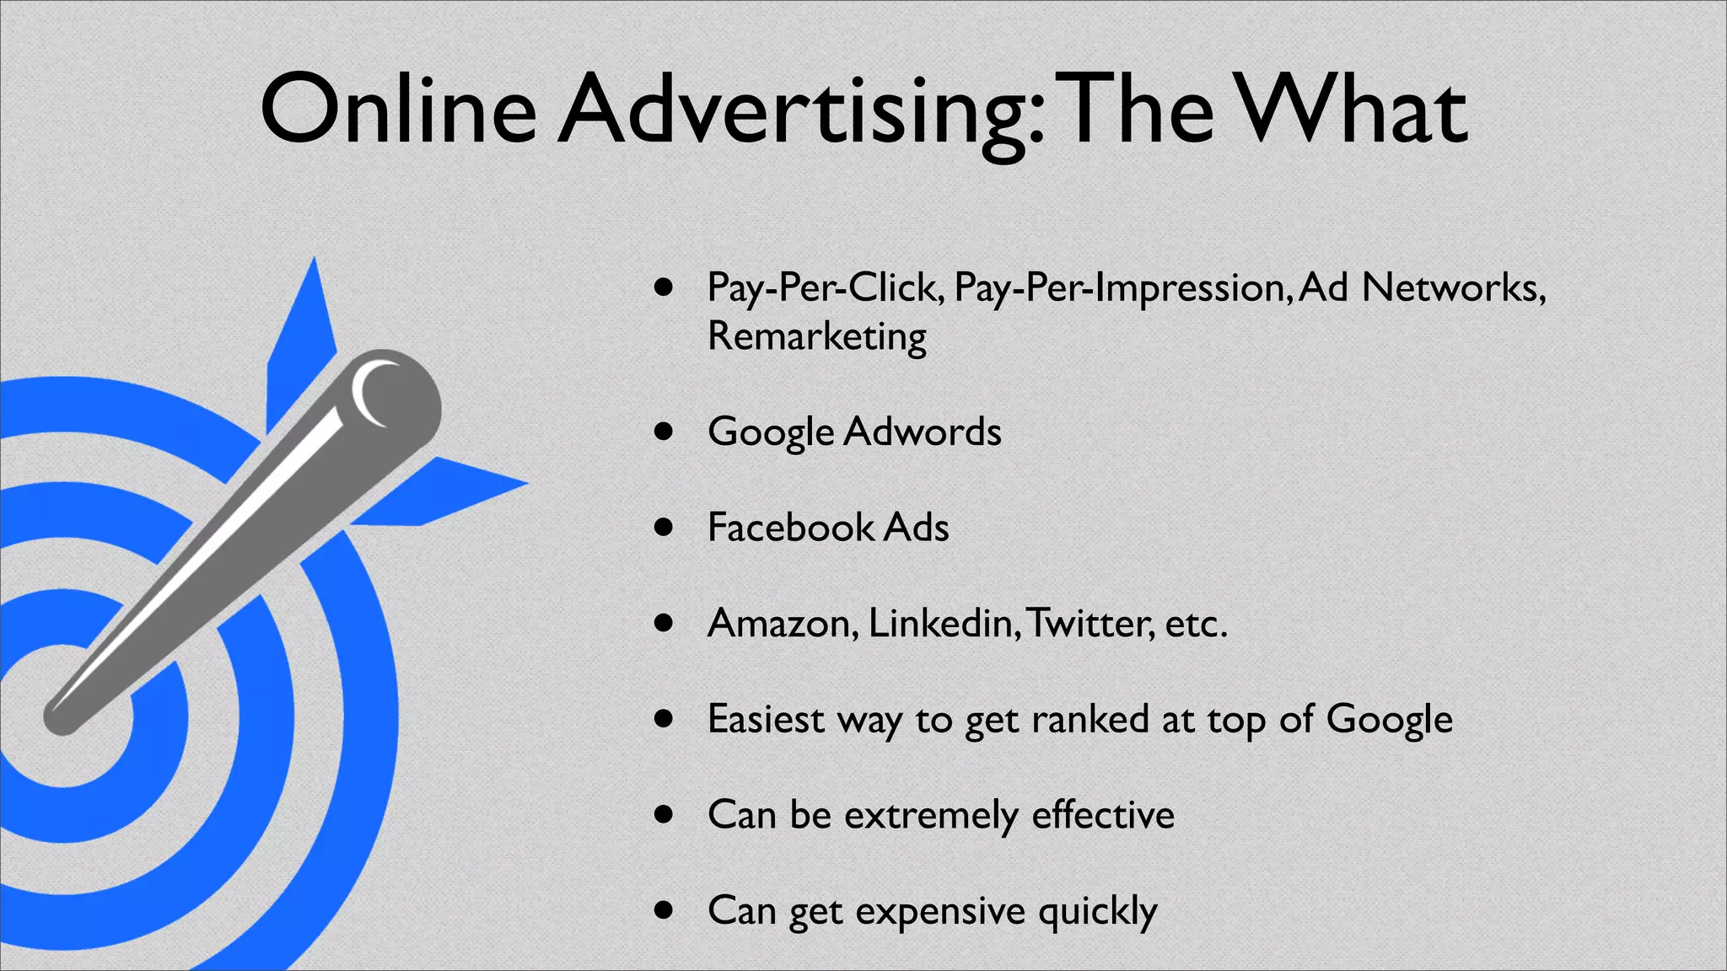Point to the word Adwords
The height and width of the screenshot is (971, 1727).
[923, 432]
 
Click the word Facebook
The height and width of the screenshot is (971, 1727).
[791, 528]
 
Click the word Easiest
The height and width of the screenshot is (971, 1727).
[766, 720]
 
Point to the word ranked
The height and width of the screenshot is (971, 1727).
[1089, 720]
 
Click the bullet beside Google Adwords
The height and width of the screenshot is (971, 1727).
[664, 432]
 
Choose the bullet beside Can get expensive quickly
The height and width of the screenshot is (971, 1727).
[664, 911]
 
